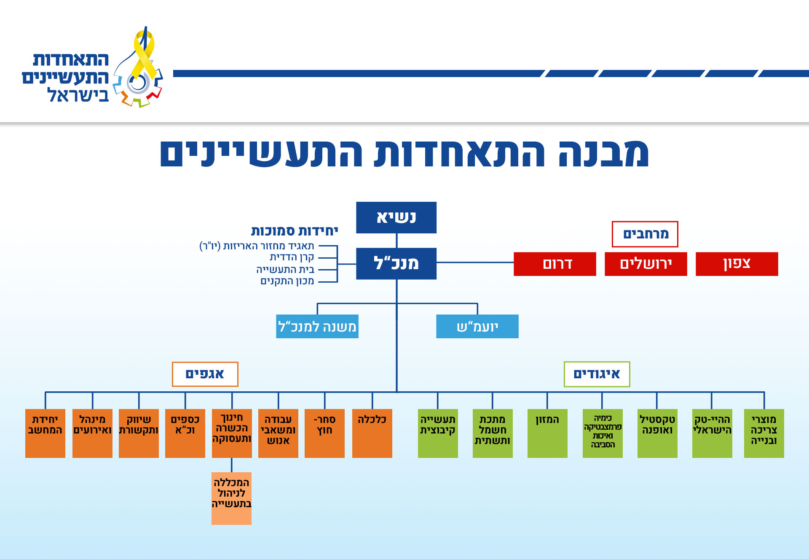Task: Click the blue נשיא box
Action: pyautogui.click(x=396, y=217)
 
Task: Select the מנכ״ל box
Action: pyautogui.click(x=396, y=264)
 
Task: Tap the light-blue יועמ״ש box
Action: pyautogui.click(x=477, y=326)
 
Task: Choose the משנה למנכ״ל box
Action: pyautogui.click(x=317, y=326)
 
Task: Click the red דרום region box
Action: pyautogui.click(x=555, y=264)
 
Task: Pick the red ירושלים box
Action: pyautogui.click(x=646, y=264)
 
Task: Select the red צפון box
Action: pyautogui.click(x=737, y=264)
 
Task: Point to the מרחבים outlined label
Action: pyautogui.click(x=645, y=234)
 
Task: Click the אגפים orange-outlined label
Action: pyautogui.click(x=205, y=374)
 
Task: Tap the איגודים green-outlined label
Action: pyautogui.click(x=597, y=374)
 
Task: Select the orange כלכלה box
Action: pyautogui.click(x=372, y=433)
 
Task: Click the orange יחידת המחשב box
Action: pyautogui.click(x=45, y=433)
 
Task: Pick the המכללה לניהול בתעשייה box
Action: pyautogui.click(x=231, y=498)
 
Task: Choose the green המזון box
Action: pyautogui.click(x=547, y=433)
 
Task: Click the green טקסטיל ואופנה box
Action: pyautogui.click(x=657, y=433)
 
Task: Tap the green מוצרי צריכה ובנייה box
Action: pyautogui.click(x=764, y=433)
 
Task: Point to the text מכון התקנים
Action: pyautogui.click(x=287, y=281)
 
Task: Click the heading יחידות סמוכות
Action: pyautogui.click(x=295, y=231)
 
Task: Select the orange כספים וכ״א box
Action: pyautogui.click(x=185, y=433)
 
